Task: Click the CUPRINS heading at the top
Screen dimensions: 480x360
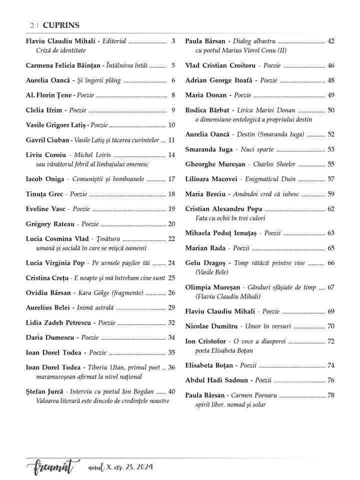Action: coord(61,25)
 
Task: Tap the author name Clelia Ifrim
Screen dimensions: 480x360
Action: coord(43,110)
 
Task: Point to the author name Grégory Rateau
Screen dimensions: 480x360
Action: coord(49,224)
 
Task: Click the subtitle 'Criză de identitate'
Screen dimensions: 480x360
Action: coord(61,50)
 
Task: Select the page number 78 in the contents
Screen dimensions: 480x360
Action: coord(331,395)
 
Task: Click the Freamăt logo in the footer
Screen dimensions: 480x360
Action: coord(50,467)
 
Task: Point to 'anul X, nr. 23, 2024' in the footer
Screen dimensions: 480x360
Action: coord(120,467)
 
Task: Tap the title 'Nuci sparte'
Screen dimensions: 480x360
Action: coord(257,149)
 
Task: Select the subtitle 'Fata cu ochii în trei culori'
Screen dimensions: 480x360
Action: coord(230,218)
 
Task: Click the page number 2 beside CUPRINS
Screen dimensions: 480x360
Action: coord(32,25)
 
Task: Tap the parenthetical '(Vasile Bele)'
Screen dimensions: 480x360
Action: coord(212,272)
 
